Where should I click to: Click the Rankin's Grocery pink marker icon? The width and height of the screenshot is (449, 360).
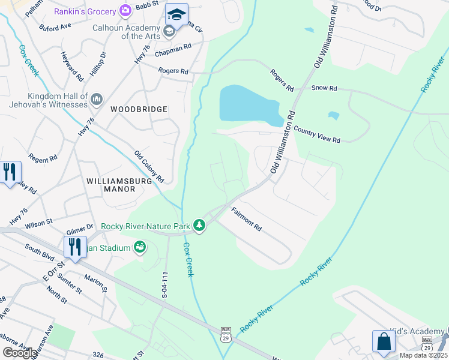(125, 10)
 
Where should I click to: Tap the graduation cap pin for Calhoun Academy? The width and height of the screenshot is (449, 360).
(176, 15)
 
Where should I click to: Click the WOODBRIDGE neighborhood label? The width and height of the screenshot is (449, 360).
(139, 109)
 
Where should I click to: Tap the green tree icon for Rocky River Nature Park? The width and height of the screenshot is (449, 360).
(199, 226)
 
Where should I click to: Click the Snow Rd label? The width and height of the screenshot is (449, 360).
(324, 88)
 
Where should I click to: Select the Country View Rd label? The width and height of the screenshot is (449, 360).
(317, 134)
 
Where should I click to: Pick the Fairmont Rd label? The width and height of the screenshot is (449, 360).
(247, 219)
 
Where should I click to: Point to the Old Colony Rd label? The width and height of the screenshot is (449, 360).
(149, 166)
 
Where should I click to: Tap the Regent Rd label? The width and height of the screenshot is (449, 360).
(43, 159)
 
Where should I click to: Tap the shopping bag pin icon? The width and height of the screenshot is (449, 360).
(384, 341)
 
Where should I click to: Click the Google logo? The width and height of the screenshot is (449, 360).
(20, 353)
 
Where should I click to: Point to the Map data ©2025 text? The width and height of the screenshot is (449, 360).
(423, 355)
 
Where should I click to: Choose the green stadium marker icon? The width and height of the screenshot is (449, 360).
(139, 247)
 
